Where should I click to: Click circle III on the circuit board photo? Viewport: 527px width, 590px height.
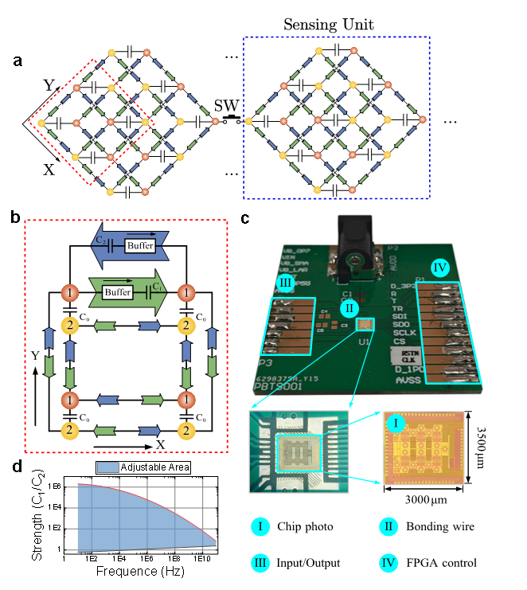[286, 282]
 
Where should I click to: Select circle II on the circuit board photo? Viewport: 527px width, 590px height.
[348, 307]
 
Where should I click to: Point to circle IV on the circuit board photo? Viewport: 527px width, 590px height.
[441, 268]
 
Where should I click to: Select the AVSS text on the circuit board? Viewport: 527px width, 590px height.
[409, 381]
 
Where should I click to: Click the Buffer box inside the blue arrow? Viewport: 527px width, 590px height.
[140, 246]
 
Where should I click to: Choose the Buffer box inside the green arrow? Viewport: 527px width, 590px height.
[117, 293]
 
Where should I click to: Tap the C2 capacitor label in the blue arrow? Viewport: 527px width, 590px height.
[100, 240]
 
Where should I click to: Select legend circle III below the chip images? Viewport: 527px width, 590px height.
[260, 564]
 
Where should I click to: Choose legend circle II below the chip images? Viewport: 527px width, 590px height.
[388, 526]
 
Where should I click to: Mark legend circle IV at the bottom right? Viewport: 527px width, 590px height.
[388, 564]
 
